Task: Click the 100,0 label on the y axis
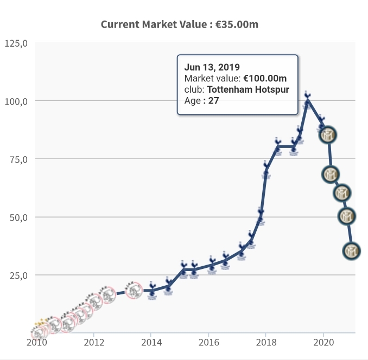(x=16, y=101)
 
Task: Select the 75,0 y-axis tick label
(x=18, y=159)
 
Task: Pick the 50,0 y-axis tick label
(x=18, y=217)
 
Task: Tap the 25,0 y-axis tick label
(x=18, y=275)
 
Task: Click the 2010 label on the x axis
(x=36, y=342)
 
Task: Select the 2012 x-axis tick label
(x=94, y=342)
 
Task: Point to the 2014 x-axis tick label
(x=151, y=342)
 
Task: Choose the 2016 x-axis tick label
(x=209, y=342)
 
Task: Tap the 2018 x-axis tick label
(x=266, y=342)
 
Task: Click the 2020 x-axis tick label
(x=323, y=342)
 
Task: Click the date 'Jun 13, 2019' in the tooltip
(x=212, y=68)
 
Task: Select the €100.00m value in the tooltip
(x=265, y=79)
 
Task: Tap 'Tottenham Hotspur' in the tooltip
(x=249, y=89)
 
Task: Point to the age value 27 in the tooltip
(x=213, y=100)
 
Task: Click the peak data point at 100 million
(x=308, y=101)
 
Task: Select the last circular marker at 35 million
(x=352, y=250)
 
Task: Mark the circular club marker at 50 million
(x=347, y=216)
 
